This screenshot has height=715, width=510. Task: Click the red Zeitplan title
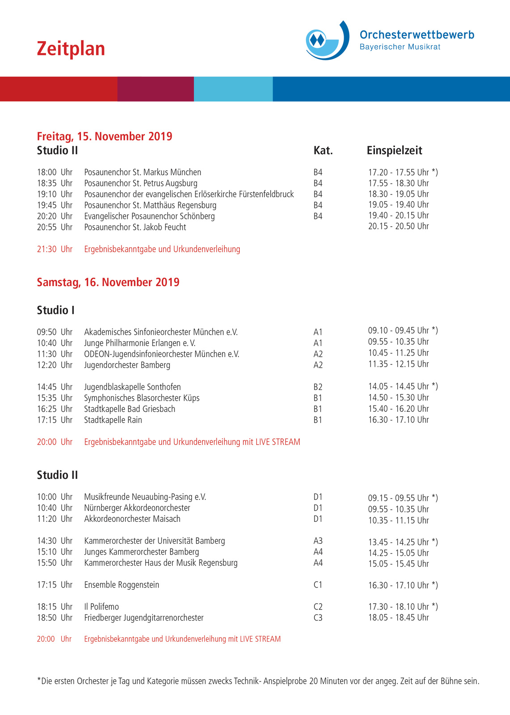[71, 49]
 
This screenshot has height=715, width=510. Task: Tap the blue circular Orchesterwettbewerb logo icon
[327, 40]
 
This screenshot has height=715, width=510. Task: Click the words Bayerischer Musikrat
[400, 47]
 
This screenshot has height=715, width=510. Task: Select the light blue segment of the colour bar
[233, 89]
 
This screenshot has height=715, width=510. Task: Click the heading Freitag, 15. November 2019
[104, 136]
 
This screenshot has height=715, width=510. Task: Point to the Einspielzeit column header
[394, 151]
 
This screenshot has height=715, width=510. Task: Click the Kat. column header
[323, 151]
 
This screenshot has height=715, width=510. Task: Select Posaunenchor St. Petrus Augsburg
[140, 183]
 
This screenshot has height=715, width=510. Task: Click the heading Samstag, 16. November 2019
[108, 282]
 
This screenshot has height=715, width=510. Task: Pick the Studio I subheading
[55, 310]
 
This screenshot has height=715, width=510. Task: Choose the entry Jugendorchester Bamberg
[127, 365]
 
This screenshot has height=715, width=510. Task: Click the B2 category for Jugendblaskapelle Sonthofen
[318, 387]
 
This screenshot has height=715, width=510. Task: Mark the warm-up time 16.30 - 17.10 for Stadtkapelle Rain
[398, 420]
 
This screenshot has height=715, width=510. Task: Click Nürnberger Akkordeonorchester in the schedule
[137, 508]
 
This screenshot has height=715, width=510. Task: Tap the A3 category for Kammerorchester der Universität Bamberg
[318, 541]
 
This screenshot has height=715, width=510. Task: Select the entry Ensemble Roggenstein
[121, 585]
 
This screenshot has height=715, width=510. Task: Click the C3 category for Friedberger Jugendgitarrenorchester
[318, 618]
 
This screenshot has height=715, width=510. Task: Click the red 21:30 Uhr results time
[54, 249]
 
